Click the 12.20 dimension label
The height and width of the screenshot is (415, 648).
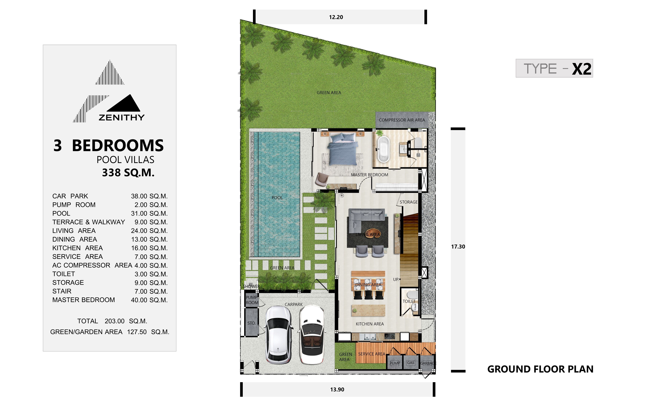336,17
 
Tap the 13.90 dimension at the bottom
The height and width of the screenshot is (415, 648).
337,389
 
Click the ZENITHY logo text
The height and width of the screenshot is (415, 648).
121,118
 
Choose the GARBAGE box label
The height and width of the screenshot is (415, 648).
428,363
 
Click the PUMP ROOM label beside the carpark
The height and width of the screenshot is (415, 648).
252,300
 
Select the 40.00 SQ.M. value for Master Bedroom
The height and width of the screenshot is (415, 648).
149,300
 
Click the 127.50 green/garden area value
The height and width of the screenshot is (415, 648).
137,332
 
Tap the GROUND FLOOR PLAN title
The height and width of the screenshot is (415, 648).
540,369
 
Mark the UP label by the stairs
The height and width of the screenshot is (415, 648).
396,279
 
